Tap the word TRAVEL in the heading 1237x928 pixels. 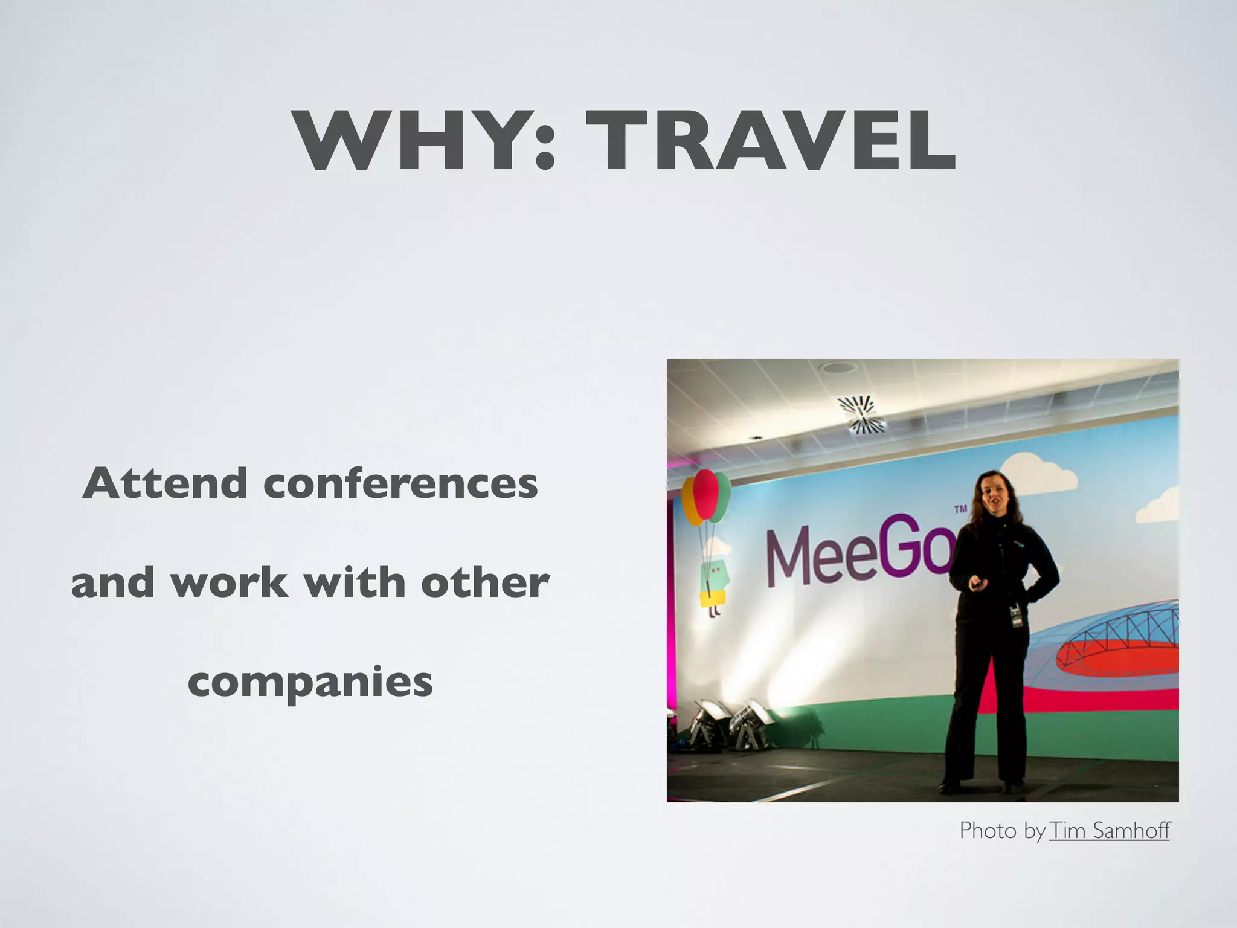click(770, 142)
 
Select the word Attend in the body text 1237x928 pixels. click(165, 483)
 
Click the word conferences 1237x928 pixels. click(400, 483)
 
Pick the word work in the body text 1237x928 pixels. click(229, 583)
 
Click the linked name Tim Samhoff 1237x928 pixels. click(1110, 831)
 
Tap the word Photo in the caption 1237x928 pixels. click(988, 831)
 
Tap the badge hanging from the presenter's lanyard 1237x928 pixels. click(1017, 616)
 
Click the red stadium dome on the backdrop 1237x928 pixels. click(1117, 652)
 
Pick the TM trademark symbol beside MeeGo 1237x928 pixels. click(960, 509)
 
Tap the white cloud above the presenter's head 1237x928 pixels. click(1039, 471)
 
